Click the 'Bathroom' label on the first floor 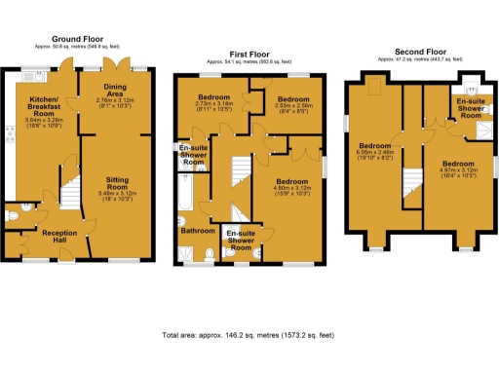coord(197,231)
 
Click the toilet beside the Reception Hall coord(11,213)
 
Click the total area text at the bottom coord(249,335)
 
